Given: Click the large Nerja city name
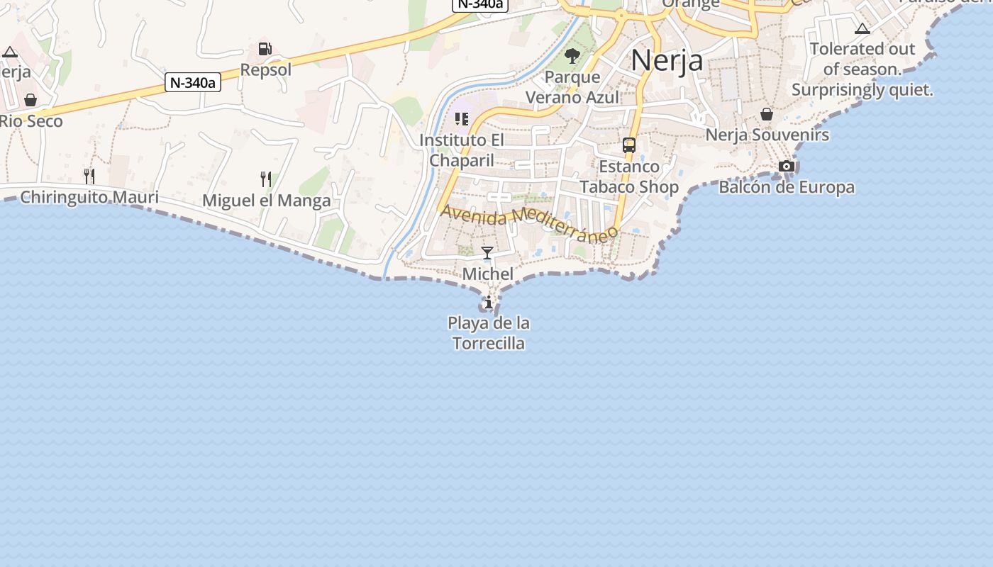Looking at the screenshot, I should [666, 60].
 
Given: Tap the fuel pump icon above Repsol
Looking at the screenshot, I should [265, 49].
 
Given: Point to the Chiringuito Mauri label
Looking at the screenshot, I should [89, 197].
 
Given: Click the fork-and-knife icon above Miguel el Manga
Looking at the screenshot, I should [266, 179].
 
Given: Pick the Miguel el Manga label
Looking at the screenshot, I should [266, 201].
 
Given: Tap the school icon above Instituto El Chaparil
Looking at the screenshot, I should [462, 118].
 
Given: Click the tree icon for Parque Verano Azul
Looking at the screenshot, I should [572, 55].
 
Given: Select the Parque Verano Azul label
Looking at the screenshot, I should [572, 87].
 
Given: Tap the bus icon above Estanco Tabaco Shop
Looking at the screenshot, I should [628, 145].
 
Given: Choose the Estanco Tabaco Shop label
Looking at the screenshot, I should [629, 176].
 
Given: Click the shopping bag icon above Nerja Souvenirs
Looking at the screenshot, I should [767, 114].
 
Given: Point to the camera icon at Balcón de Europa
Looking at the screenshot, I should [786, 167].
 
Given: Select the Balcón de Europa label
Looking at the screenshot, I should [786, 188].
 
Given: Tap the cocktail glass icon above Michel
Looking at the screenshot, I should [487, 253].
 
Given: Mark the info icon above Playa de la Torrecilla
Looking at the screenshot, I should [488, 303].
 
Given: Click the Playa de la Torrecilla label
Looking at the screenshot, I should [489, 333].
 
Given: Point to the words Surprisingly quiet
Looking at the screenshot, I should [862, 90].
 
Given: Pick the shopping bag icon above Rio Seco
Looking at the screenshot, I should [30, 100].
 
